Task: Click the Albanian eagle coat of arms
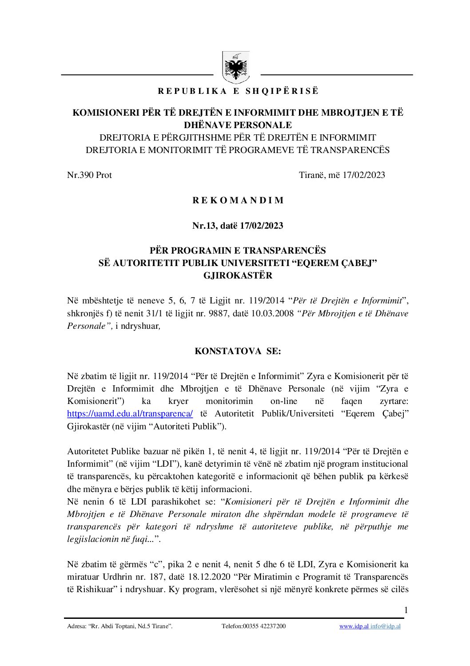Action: [x=236, y=68]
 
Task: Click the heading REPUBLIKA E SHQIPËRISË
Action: [x=238, y=91]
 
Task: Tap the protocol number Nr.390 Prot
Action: [x=89, y=175]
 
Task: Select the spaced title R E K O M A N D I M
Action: [x=238, y=200]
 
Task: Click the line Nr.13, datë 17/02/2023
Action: [x=238, y=226]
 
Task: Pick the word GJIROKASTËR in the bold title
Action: [x=238, y=275]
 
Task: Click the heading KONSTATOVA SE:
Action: [x=238, y=351]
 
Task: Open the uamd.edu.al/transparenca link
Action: [x=130, y=414]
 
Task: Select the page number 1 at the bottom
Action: [x=406, y=610]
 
